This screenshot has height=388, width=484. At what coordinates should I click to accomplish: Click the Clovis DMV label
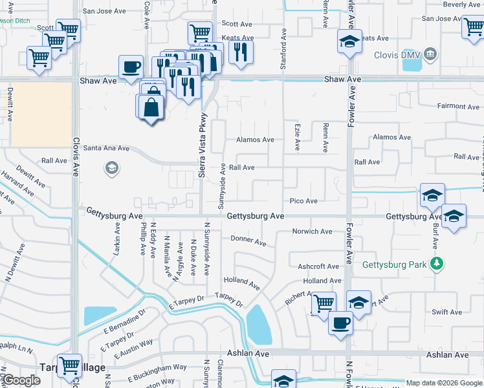397,55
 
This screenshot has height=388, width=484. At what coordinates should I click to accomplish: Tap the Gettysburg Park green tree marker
437,264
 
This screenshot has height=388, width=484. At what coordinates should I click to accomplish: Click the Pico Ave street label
303,201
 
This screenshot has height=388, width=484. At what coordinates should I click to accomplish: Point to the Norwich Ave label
312,232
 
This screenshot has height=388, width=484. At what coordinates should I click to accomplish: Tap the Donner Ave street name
248,241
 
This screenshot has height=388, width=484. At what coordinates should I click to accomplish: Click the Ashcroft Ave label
318,266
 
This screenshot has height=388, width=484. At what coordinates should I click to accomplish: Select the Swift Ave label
446,312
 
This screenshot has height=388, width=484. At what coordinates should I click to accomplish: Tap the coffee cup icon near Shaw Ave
131,67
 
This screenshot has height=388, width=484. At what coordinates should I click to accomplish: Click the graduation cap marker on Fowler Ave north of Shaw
349,43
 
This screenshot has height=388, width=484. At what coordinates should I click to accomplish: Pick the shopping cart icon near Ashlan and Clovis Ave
69,365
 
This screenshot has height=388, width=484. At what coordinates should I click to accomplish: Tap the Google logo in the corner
21,380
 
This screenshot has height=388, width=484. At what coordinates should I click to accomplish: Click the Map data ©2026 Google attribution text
444,383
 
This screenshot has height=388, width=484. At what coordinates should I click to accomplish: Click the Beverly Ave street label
462,5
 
